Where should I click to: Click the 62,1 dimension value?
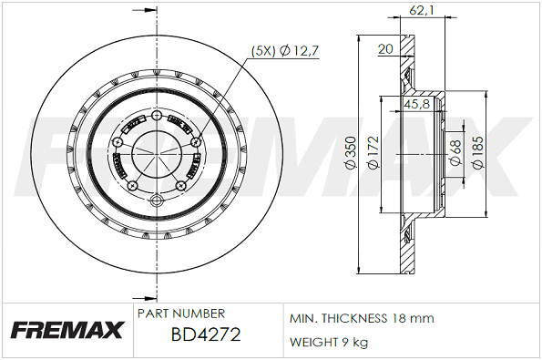click(x=422, y=10)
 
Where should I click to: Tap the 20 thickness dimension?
click(x=385, y=49)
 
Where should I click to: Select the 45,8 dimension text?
click(x=416, y=103)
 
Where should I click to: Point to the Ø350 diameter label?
click(x=351, y=153)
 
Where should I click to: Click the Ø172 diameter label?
click(x=373, y=153)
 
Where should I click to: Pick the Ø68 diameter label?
click(x=455, y=152)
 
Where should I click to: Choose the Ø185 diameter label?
click(x=477, y=153)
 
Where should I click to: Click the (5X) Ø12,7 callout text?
click(x=284, y=51)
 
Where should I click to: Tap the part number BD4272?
click(x=206, y=334)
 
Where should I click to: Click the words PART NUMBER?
click(x=181, y=314)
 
